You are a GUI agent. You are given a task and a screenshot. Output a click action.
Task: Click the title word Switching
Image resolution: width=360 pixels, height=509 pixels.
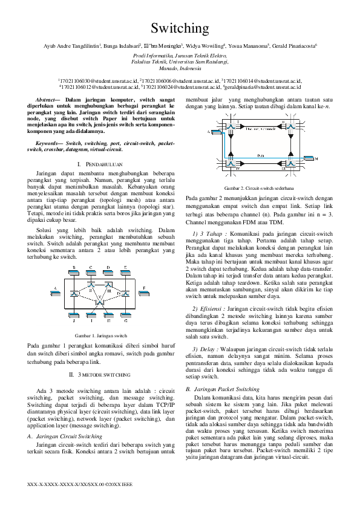click(180, 28)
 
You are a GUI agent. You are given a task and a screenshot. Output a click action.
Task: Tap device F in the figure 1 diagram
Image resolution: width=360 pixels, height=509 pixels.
click(143, 288)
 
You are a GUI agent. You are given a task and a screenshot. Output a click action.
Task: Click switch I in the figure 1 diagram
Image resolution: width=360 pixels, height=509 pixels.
click(74, 293)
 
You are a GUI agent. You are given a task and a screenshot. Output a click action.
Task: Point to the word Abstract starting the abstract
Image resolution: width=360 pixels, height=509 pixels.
click(47, 97)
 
